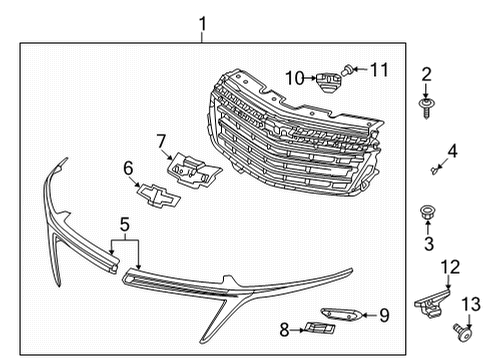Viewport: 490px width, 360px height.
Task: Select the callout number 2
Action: [425, 75]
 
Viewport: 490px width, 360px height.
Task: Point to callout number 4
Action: [451, 152]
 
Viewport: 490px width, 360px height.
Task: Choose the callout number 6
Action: [128, 169]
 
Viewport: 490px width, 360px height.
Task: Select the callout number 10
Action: [294, 76]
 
